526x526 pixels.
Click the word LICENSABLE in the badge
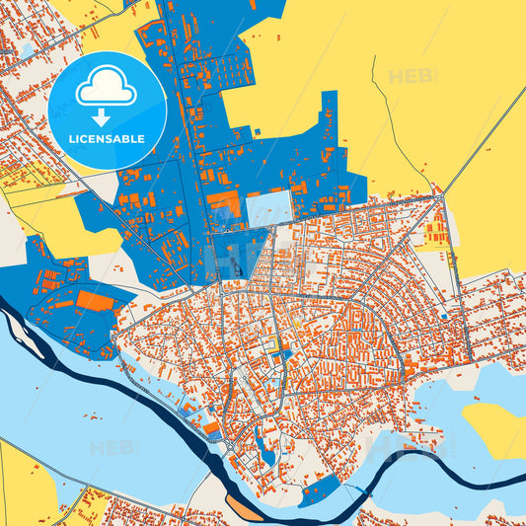(x=107, y=139)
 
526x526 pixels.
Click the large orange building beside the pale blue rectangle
(x=224, y=205)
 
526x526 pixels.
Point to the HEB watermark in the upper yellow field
(x=410, y=77)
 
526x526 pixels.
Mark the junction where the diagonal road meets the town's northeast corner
(x=441, y=194)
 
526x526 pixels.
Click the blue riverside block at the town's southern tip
(x=321, y=489)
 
